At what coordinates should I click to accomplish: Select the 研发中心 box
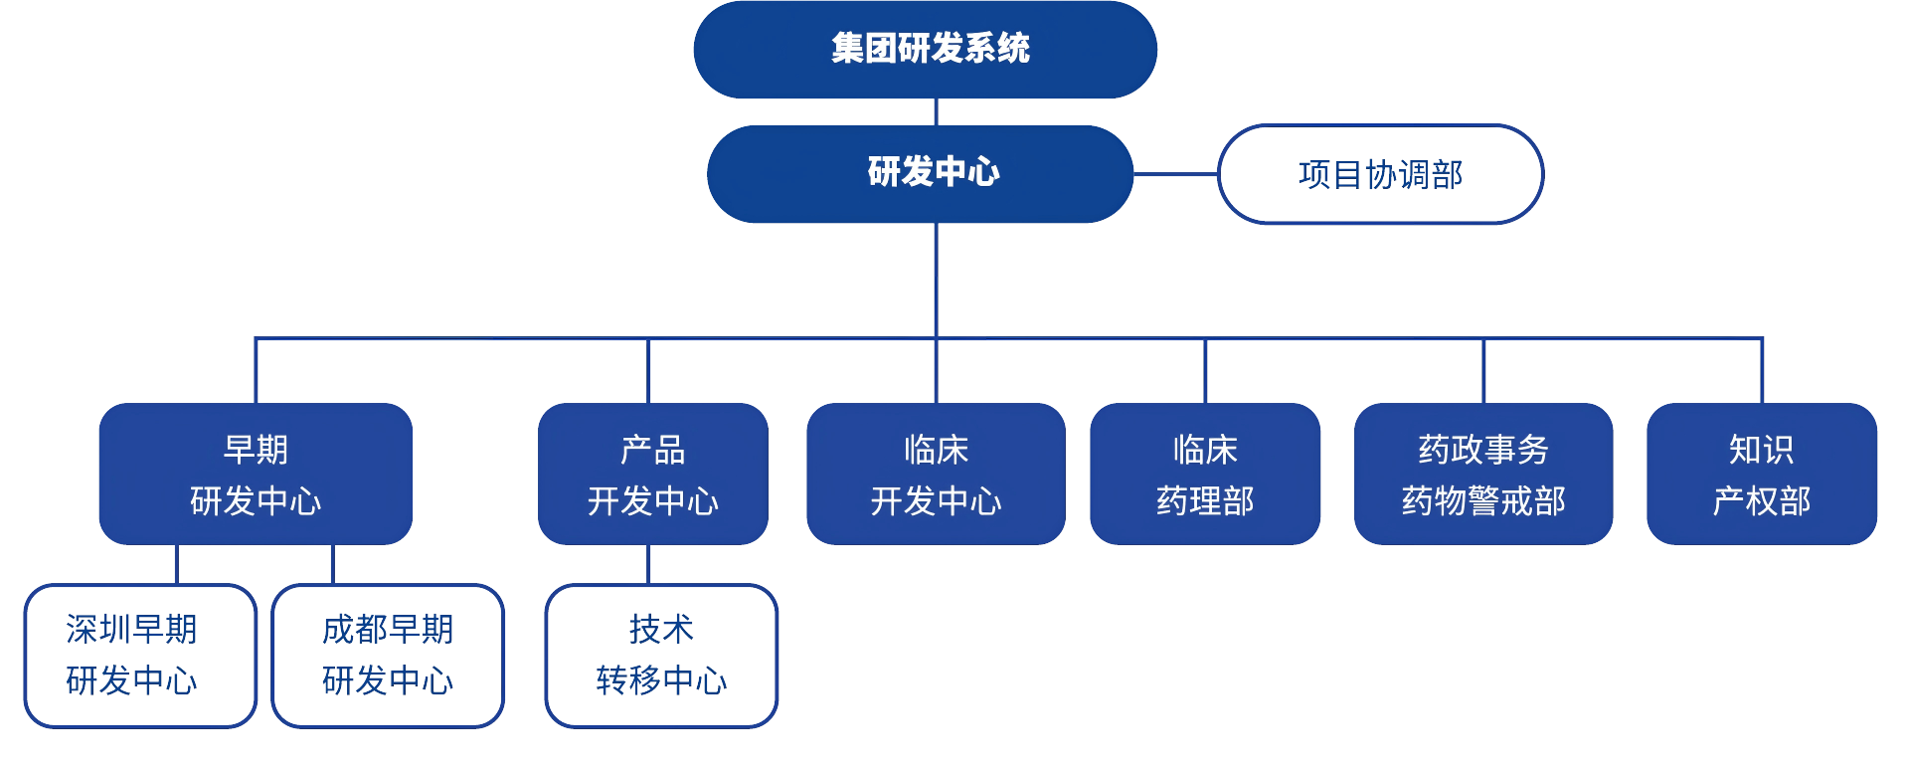(x=920, y=173)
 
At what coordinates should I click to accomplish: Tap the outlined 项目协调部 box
(x=1380, y=174)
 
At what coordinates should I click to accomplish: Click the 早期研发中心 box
(x=256, y=474)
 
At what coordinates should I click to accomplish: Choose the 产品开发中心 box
(x=652, y=474)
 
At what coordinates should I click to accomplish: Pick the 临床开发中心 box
(x=936, y=474)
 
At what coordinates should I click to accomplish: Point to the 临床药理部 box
(x=1205, y=474)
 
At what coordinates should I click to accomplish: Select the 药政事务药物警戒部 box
(x=1482, y=474)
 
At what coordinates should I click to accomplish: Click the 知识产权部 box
(x=1761, y=474)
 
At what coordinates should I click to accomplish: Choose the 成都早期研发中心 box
(x=388, y=656)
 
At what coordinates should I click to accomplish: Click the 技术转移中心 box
(x=661, y=656)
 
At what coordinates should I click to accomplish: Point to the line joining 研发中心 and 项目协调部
(x=1175, y=174)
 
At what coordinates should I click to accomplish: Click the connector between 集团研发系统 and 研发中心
(x=936, y=111)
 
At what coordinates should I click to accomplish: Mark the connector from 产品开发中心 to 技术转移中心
(x=648, y=564)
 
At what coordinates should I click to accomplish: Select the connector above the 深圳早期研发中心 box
(x=176, y=564)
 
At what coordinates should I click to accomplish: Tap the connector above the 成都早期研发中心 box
(x=332, y=564)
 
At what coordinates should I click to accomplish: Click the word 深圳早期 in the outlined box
(x=131, y=629)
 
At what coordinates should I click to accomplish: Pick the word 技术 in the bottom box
(x=661, y=629)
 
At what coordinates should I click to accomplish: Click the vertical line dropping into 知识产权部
(x=1762, y=371)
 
